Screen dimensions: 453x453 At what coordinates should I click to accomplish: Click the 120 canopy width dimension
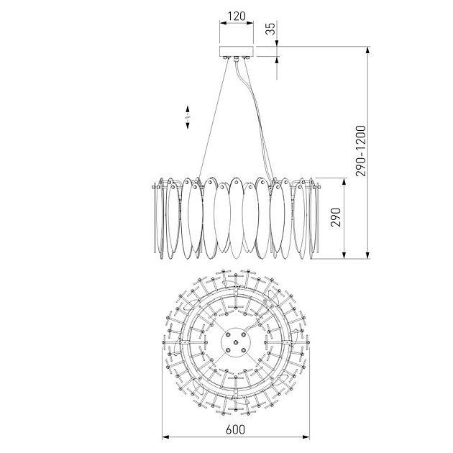click(x=237, y=16)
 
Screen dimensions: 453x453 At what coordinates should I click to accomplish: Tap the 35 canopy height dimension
click(x=270, y=29)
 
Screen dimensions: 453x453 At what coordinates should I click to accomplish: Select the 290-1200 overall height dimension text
click(x=361, y=150)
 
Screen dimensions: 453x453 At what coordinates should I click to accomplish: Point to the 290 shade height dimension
click(x=336, y=217)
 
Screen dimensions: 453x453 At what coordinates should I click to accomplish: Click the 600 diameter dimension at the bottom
click(x=235, y=429)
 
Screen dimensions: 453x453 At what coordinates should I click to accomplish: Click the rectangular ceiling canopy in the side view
click(x=237, y=51)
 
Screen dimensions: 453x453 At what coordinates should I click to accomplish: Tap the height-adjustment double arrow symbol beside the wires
click(x=188, y=117)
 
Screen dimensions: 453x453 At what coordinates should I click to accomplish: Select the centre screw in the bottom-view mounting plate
click(x=236, y=342)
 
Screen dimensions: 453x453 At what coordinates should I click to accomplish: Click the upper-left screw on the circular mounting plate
click(x=228, y=334)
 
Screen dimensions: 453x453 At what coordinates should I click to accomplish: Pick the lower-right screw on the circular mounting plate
click(x=243, y=350)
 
